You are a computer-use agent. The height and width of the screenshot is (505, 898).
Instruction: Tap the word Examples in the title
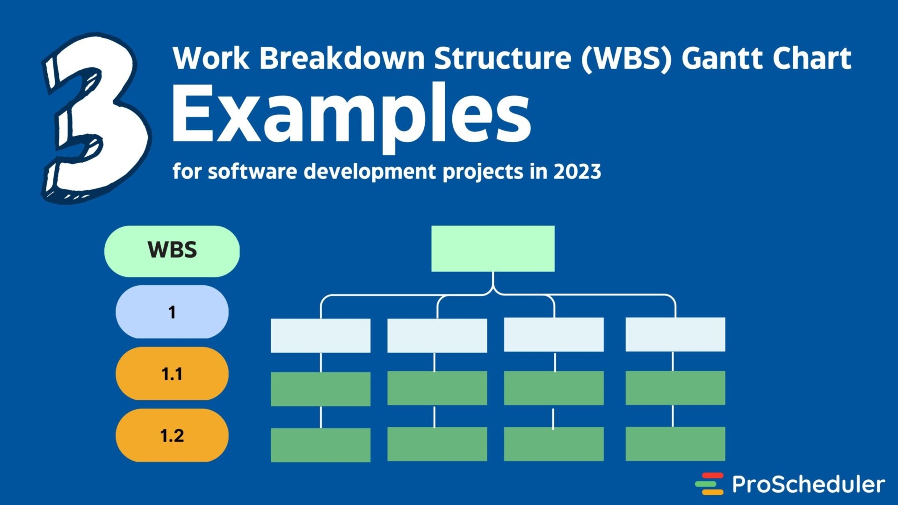[x=351, y=115]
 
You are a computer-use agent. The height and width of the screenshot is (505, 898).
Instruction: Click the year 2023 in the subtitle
[x=577, y=172]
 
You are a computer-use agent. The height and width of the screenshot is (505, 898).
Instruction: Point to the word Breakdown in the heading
[x=342, y=58]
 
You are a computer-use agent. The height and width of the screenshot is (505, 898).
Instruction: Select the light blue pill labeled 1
[x=172, y=312]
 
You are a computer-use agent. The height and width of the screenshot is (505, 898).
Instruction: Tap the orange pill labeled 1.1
[x=172, y=374]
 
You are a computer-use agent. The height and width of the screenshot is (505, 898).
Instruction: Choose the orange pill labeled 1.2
[x=172, y=435]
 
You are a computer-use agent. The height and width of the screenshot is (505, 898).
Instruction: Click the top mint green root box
[x=492, y=248]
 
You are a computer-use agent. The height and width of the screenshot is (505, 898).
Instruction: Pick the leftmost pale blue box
[x=320, y=335]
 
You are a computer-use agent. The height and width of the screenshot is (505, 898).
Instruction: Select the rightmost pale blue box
[x=675, y=334]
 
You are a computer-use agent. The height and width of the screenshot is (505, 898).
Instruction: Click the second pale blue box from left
[x=437, y=335]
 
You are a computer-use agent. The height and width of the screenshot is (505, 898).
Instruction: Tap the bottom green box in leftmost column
[x=320, y=445]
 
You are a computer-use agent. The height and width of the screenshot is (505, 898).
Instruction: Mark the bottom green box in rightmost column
[x=675, y=444]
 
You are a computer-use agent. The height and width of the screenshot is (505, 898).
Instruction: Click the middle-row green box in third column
[x=553, y=388]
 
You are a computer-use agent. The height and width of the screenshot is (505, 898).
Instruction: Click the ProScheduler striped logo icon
[x=709, y=484]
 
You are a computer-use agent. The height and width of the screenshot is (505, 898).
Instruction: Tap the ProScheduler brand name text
[x=808, y=484]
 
